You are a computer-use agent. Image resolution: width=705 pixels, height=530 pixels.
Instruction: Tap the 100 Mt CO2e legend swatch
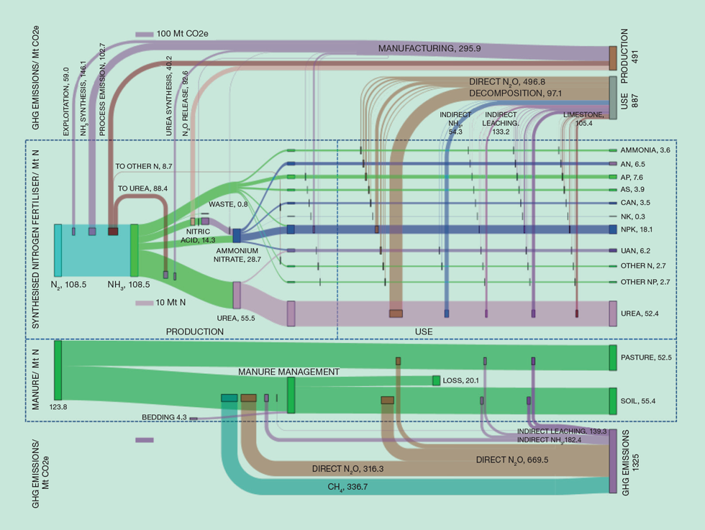pos(145,34)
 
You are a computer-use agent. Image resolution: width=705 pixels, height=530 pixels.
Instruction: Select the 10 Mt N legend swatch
pos(145,303)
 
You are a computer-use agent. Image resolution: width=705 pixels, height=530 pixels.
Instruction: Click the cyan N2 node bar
pos(58,250)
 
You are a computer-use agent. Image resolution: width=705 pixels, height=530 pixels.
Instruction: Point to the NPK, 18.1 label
pos(637,229)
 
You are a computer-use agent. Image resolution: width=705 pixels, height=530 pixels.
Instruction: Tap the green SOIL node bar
pos(613,401)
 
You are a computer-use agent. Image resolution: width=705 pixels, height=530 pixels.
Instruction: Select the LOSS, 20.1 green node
pos(436,380)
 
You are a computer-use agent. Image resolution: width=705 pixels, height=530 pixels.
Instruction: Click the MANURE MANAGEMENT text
pos(288,372)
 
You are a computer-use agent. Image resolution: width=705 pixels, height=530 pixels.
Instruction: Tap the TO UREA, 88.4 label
pos(138,188)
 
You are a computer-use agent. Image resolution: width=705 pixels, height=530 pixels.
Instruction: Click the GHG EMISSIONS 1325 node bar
pos(613,461)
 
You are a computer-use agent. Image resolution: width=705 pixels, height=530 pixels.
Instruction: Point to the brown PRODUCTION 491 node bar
pos(613,58)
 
